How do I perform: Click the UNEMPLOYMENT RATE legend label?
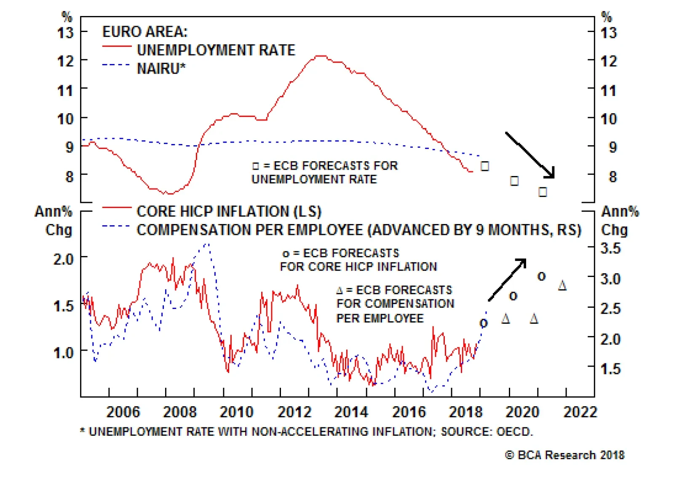(x=216, y=50)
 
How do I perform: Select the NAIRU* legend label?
(x=161, y=68)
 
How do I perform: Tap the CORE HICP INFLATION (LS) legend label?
(x=229, y=211)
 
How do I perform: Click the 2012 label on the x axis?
(x=294, y=412)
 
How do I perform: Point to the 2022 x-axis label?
(x=580, y=412)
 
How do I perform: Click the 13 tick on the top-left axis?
(x=65, y=32)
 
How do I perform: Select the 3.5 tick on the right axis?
(x=610, y=248)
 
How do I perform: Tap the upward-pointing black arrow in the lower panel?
(x=507, y=280)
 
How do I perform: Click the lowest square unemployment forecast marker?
(x=543, y=192)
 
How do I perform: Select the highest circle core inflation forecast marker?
(x=541, y=277)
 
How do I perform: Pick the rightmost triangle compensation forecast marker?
(x=562, y=286)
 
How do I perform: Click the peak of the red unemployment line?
(x=321, y=56)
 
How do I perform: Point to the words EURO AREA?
(x=145, y=32)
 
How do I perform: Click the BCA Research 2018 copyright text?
(x=565, y=455)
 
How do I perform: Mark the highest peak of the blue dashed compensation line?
(x=206, y=244)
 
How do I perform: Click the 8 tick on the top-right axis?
(x=612, y=177)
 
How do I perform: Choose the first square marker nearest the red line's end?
(x=485, y=166)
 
